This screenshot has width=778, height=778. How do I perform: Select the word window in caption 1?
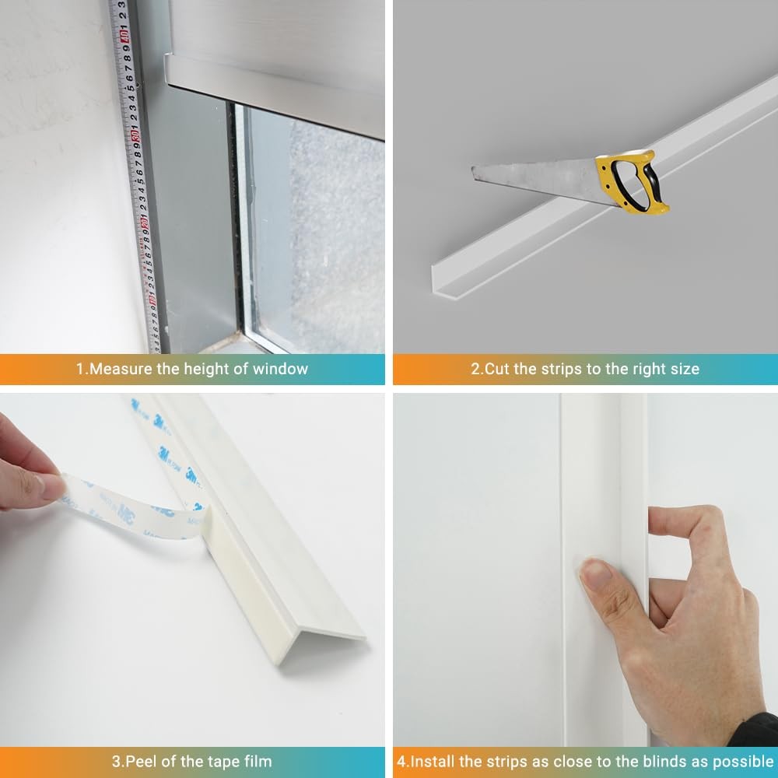tap(282, 369)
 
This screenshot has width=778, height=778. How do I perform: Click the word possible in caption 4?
tap(744, 760)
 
